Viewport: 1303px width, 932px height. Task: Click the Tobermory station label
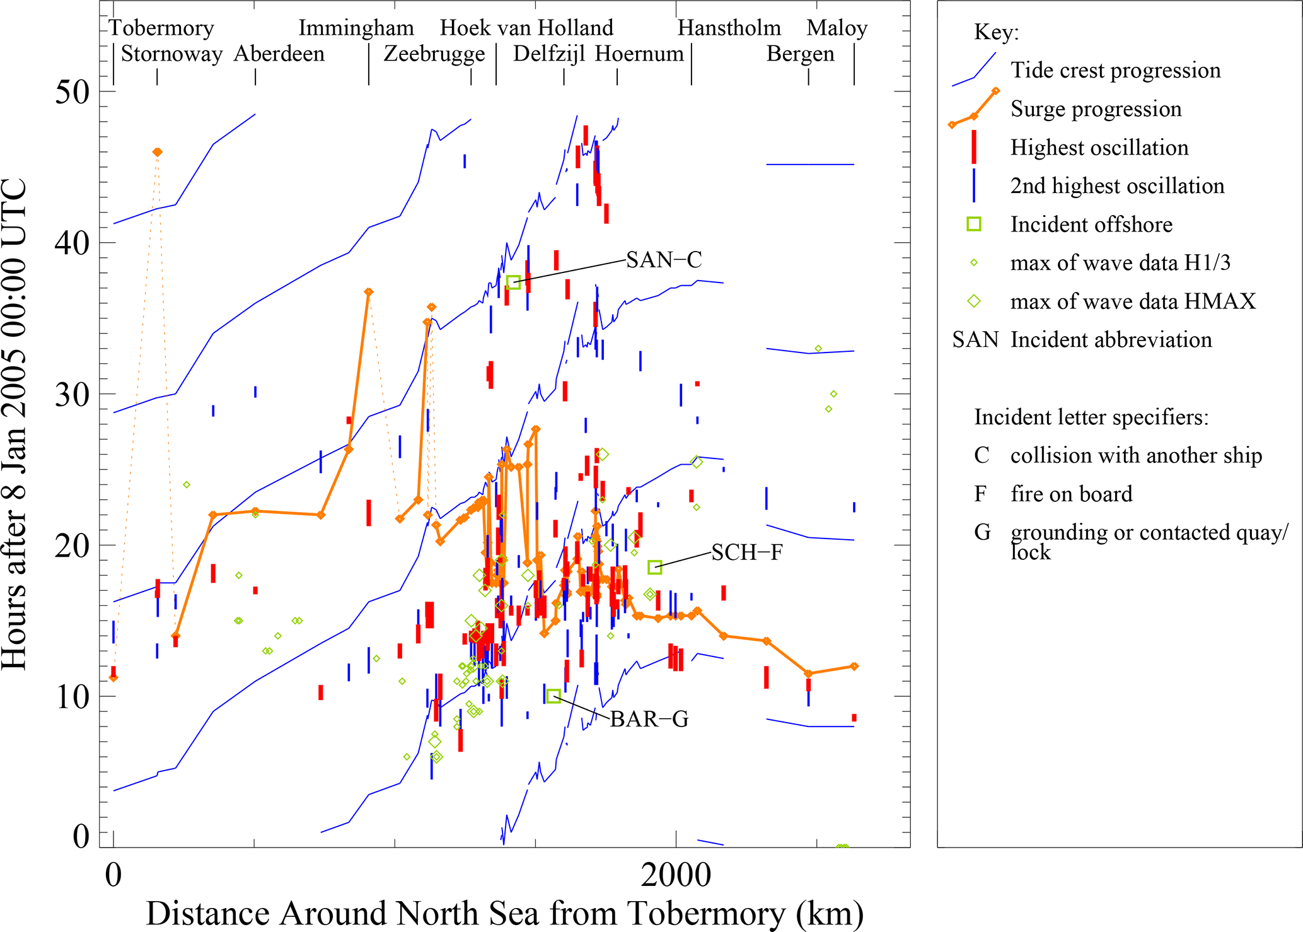pyautogui.click(x=161, y=28)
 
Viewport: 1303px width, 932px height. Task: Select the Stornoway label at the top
pyautogui.click(x=171, y=54)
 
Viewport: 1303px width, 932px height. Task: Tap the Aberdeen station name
pyautogui.click(x=279, y=54)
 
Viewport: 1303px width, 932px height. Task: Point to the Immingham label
pyautogui.click(x=356, y=28)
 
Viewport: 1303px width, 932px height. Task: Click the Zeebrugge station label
pyautogui.click(x=434, y=54)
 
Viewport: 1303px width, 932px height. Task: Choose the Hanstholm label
pyautogui.click(x=729, y=28)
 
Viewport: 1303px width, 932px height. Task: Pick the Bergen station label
pyautogui.click(x=800, y=54)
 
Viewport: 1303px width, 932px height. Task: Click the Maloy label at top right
pyautogui.click(x=837, y=28)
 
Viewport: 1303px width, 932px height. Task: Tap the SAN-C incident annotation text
pyautogui.click(x=664, y=260)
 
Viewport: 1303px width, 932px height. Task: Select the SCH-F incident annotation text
pyautogui.click(x=747, y=552)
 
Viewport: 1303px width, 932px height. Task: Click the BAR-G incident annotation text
pyautogui.click(x=649, y=719)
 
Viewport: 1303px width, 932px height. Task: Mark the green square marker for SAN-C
pyautogui.click(x=513, y=282)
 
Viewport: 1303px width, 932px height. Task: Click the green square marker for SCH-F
pyautogui.click(x=654, y=567)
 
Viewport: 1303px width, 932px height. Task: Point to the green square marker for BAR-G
pyautogui.click(x=553, y=696)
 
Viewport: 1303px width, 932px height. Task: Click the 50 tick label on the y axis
pyautogui.click(x=72, y=92)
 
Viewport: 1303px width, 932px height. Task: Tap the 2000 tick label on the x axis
pyautogui.click(x=676, y=875)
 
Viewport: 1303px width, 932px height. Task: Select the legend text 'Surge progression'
pyautogui.click(x=1096, y=109)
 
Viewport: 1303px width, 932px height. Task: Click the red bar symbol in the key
pyautogui.click(x=974, y=147)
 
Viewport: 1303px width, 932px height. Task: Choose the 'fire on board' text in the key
pyautogui.click(x=1071, y=494)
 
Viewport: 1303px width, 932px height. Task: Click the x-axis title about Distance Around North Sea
pyautogui.click(x=504, y=913)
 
